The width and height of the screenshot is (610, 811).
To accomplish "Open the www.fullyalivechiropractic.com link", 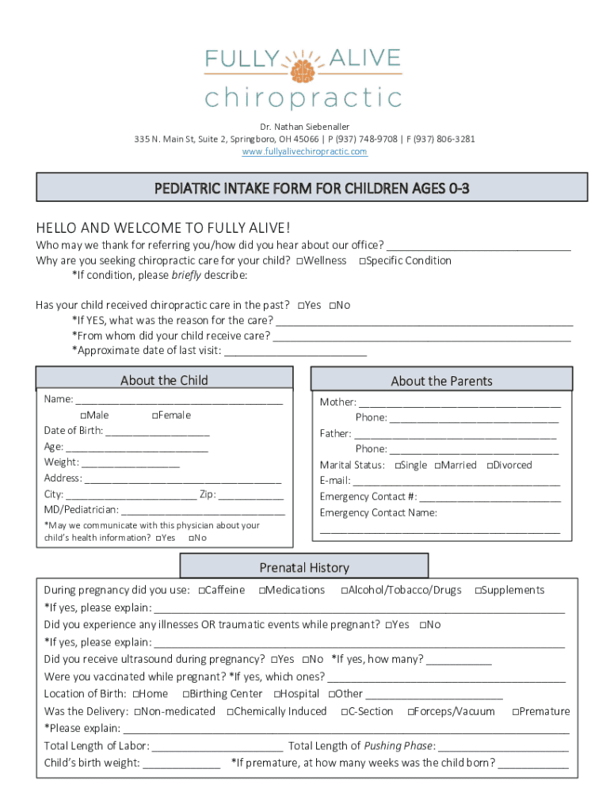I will pos(304,151).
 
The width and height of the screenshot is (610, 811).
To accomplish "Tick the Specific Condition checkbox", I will pos(363,261).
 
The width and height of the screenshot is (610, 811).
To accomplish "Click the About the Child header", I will pos(164,380).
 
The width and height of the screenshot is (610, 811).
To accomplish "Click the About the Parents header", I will pos(441,381).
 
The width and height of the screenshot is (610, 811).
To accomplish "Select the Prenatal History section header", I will pos(304,567).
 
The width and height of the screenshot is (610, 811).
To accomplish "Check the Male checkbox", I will pos(83,415).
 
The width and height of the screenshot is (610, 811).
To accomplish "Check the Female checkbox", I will pos(154,415).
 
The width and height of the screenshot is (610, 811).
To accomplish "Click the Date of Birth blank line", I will pos(157,432).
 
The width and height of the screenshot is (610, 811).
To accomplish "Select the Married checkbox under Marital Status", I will pos(437,466).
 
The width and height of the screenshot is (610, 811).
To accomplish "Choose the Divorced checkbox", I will pos(490,466).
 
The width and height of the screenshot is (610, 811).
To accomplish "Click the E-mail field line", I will pos(456,482).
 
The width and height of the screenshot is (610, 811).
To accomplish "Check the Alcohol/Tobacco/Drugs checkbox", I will pos(345,590).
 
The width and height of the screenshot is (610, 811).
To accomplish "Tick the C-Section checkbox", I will pos(345,712).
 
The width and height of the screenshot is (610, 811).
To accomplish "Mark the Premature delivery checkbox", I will pos(516,712).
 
